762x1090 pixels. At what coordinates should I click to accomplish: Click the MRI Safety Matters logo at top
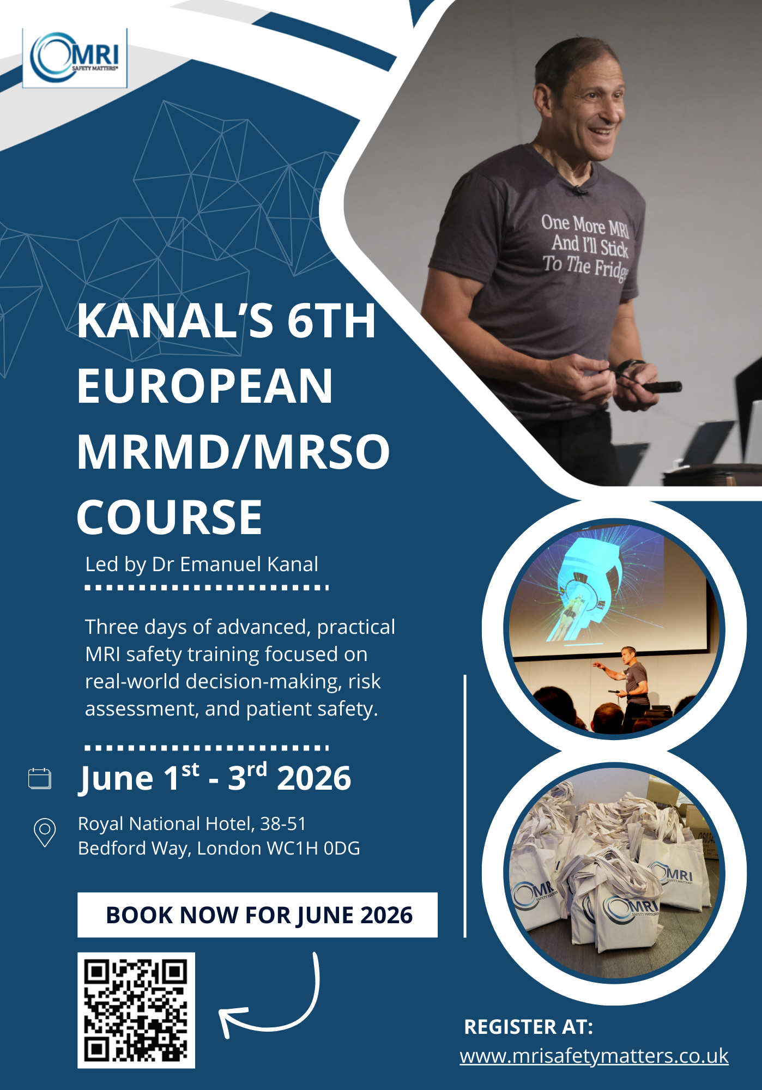click(75, 58)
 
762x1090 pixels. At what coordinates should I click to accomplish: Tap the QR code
click(136, 1010)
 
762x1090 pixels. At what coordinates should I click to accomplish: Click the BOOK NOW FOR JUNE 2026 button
click(257, 915)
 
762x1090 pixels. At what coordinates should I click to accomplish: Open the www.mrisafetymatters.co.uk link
click(594, 1056)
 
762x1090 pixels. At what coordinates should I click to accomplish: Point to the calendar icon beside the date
click(39, 778)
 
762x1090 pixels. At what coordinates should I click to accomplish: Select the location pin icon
click(45, 832)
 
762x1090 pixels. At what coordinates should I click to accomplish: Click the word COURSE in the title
click(170, 517)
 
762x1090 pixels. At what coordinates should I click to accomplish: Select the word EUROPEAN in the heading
click(205, 385)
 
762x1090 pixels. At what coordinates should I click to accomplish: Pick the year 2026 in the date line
click(314, 778)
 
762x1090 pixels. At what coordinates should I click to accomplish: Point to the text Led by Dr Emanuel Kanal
click(202, 565)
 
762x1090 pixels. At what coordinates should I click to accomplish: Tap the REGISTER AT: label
click(528, 1027)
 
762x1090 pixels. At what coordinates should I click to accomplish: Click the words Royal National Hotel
click(167, 823)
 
